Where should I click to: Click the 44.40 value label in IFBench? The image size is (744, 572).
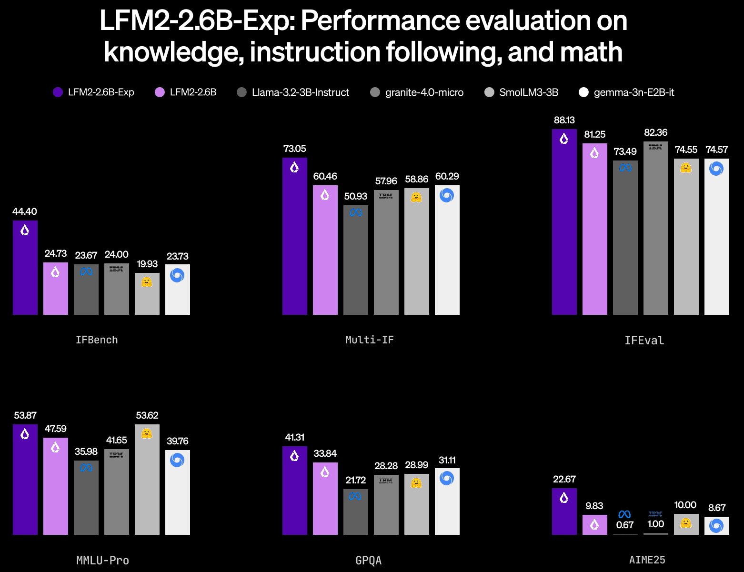point(25,211)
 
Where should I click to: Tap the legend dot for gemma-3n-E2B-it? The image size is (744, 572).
point(583,92)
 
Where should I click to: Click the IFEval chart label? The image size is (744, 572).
point(644,341)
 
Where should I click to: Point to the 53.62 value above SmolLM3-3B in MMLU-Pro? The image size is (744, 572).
point(147,415)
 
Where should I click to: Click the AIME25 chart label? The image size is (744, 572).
point(647,560)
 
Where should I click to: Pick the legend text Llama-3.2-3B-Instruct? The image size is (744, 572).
point(300,92)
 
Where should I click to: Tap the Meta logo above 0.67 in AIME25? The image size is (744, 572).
point(624,514)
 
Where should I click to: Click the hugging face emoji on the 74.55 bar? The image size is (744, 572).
point(686,168)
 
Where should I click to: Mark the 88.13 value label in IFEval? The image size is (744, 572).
point(564,120)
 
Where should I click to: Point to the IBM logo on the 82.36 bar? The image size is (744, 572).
point(655,148)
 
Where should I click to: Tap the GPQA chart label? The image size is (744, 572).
point(369,561)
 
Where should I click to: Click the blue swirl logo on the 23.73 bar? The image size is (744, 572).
point(177,275)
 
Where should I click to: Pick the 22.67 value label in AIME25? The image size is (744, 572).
point(564,479)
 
